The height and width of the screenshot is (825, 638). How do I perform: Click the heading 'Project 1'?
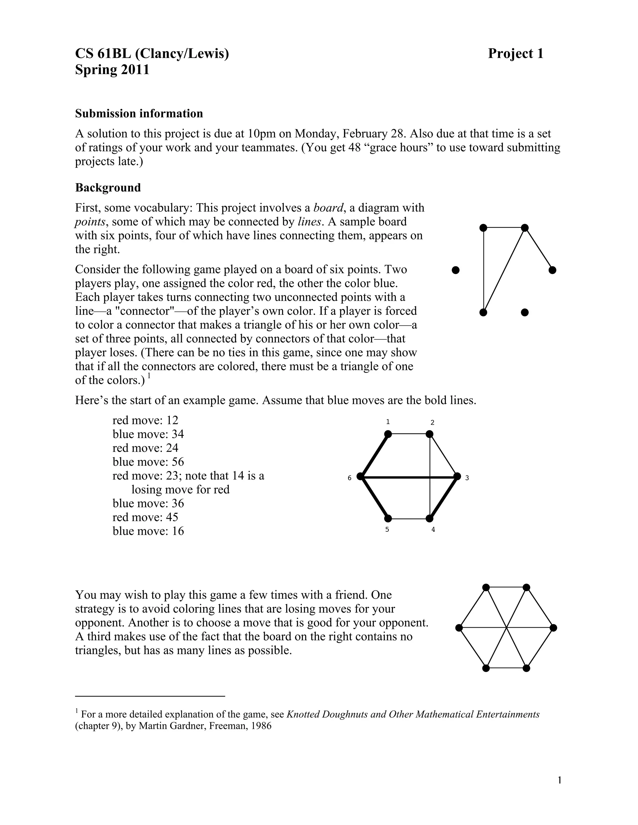pos(515,54)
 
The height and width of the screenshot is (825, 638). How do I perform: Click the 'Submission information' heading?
pos(139,113)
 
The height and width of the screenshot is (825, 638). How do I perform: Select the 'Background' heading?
pos(108,187)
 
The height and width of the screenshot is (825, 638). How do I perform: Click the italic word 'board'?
pos(328,208)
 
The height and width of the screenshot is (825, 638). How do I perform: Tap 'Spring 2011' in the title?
pos(112,70)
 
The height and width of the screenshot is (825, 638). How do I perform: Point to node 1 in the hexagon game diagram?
pos(388,434)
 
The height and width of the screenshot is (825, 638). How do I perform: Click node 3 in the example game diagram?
pos(457,476)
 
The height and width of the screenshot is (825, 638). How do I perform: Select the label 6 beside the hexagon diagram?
pos(350,478)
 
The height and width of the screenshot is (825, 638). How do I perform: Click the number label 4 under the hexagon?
pos(433,530)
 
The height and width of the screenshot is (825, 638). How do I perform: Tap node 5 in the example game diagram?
pos(388,519)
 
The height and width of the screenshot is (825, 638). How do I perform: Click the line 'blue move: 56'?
pos(148,462)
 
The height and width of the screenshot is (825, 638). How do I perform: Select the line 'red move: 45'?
pos(145,517)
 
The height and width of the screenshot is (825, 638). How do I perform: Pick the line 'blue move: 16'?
pos(148,531)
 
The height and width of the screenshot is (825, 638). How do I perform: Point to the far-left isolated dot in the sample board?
pos(456,270)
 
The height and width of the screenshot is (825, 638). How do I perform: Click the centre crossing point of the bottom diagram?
pos(507,628)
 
